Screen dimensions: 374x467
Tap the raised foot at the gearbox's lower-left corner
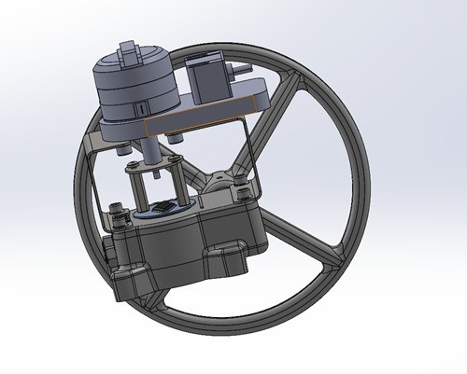(126, 280)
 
